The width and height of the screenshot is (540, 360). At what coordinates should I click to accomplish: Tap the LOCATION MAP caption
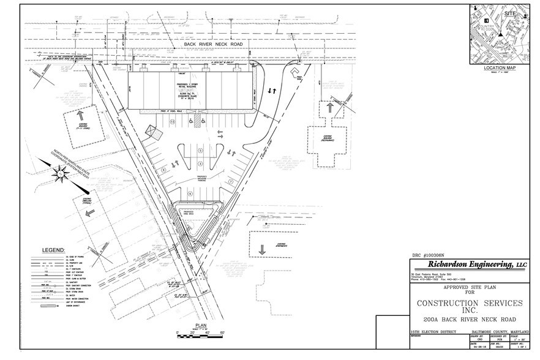pyautogui.click(x=500, y=67)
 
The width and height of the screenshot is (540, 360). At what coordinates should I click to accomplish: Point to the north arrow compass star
pyautogui.click(x=61, y=176)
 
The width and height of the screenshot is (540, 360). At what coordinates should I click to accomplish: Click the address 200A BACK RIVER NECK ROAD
pyautogui.click(x=469, y=320)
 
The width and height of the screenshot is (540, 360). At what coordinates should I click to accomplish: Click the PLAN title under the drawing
pyautogui.click(x=201, y=326)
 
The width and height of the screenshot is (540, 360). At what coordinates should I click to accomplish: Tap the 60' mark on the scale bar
pyautogui.click(x=223, y=332)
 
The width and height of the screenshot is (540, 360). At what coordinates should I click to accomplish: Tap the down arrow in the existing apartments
pyautogui.click(x=262, y=249)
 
